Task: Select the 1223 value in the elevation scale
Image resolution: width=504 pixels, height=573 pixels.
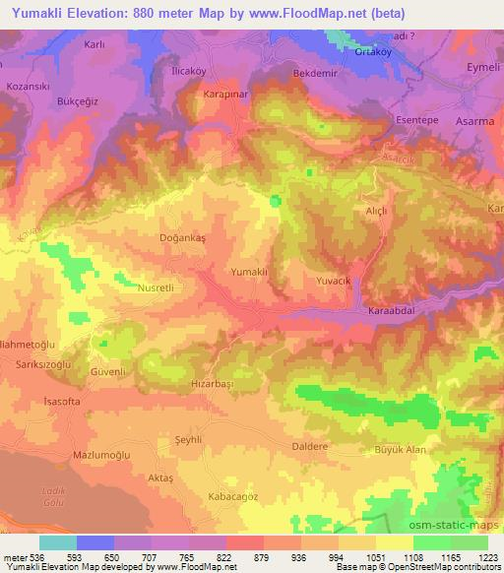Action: point(488,556)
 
